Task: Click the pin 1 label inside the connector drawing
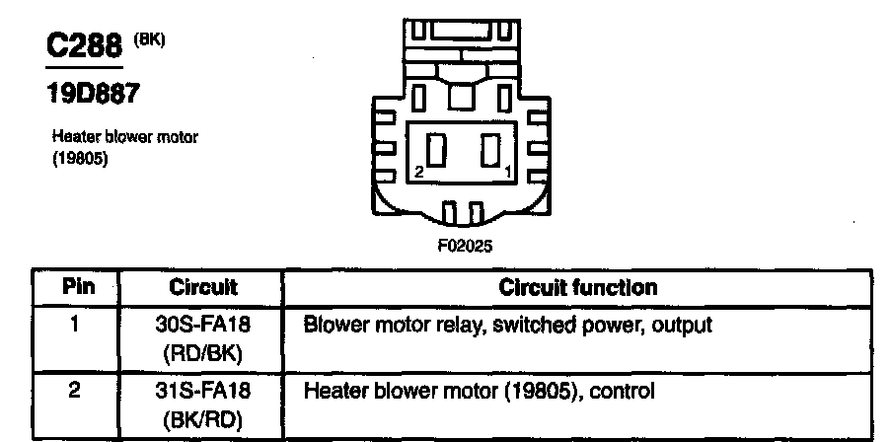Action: click(508, 173)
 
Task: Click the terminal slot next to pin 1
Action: click(489, 152)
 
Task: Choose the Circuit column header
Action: click(202, 288)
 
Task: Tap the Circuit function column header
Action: click(578, 288)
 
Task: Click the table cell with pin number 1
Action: click(76, 324)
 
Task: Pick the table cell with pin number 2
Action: click(76, 390)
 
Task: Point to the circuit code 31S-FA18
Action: click(201, 391)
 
